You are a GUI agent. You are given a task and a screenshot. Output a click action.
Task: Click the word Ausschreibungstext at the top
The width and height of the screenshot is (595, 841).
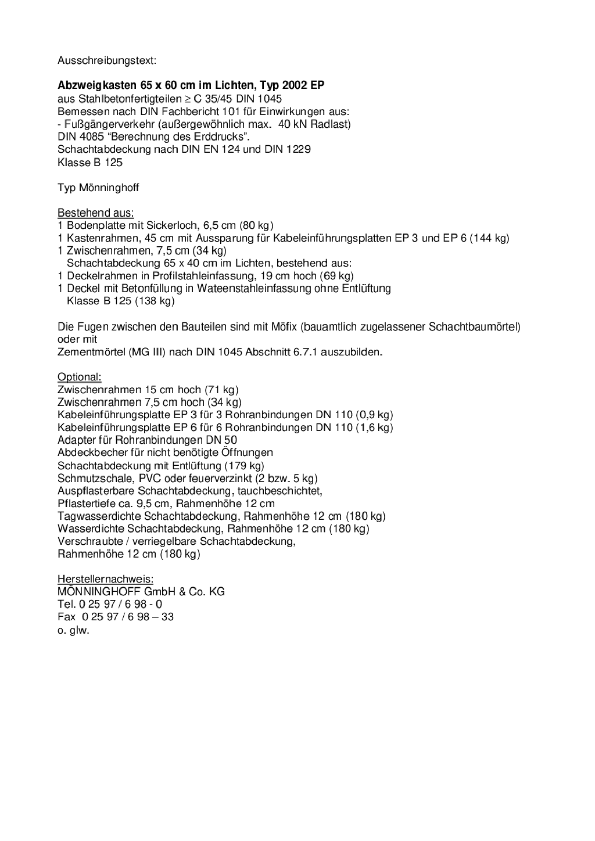click(106, 60)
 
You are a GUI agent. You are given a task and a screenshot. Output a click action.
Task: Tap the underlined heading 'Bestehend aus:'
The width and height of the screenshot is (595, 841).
click(95, 213)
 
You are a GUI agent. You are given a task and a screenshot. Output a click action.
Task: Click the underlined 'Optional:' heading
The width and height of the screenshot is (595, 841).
click(79, 377)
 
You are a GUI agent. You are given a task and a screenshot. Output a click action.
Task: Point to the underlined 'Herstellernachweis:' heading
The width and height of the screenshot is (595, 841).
click(105, 579)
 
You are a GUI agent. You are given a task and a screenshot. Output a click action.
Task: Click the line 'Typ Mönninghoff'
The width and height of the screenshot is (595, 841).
click(98, 188)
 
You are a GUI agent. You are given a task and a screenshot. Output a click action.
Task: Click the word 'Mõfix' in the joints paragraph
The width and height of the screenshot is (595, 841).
click(284, 326)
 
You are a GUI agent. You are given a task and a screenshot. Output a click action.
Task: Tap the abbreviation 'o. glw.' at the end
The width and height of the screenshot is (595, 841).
click(73, 630)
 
